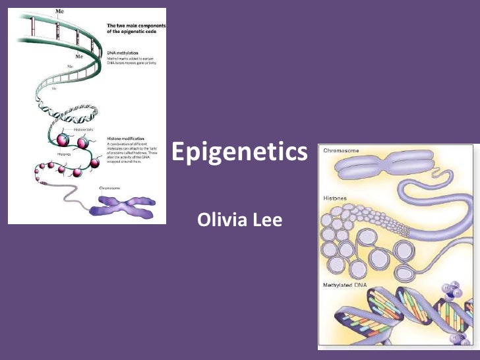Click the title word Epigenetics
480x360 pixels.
(240, 153)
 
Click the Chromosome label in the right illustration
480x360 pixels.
(341, 151)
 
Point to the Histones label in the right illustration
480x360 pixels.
(336, 198)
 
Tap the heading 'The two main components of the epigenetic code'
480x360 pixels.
(136, 28)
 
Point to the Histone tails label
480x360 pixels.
(84, 130)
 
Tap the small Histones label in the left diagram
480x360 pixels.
(64, 153)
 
